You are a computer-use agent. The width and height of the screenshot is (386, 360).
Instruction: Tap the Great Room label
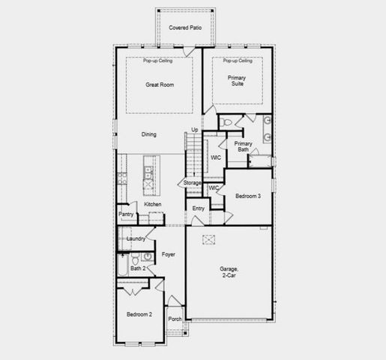click(159, 85)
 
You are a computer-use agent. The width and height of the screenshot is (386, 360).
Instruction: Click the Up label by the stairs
click(194, 129)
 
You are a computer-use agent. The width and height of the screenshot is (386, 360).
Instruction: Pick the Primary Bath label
click(242, 145)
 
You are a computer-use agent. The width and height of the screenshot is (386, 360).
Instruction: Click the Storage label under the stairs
click(193, 182)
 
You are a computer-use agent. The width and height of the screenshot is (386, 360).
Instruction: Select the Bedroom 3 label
click(248, 196)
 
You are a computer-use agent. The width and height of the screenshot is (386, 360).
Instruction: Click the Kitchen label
click(153, 204)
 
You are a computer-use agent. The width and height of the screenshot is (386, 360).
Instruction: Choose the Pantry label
click(125, 214)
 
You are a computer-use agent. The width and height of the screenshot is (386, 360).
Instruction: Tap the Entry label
click(198, 208)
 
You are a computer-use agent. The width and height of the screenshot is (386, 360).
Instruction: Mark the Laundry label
click(136, 238)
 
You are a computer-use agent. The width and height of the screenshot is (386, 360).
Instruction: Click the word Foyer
click(168, 254)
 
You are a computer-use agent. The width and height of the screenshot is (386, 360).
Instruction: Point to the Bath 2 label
click(137, 268)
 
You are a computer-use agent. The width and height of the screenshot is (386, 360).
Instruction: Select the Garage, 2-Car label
click(229, 271)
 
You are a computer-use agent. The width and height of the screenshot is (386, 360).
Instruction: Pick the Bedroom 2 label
click(139, 314)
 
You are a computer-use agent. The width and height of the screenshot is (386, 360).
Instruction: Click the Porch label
click(175, 319)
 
